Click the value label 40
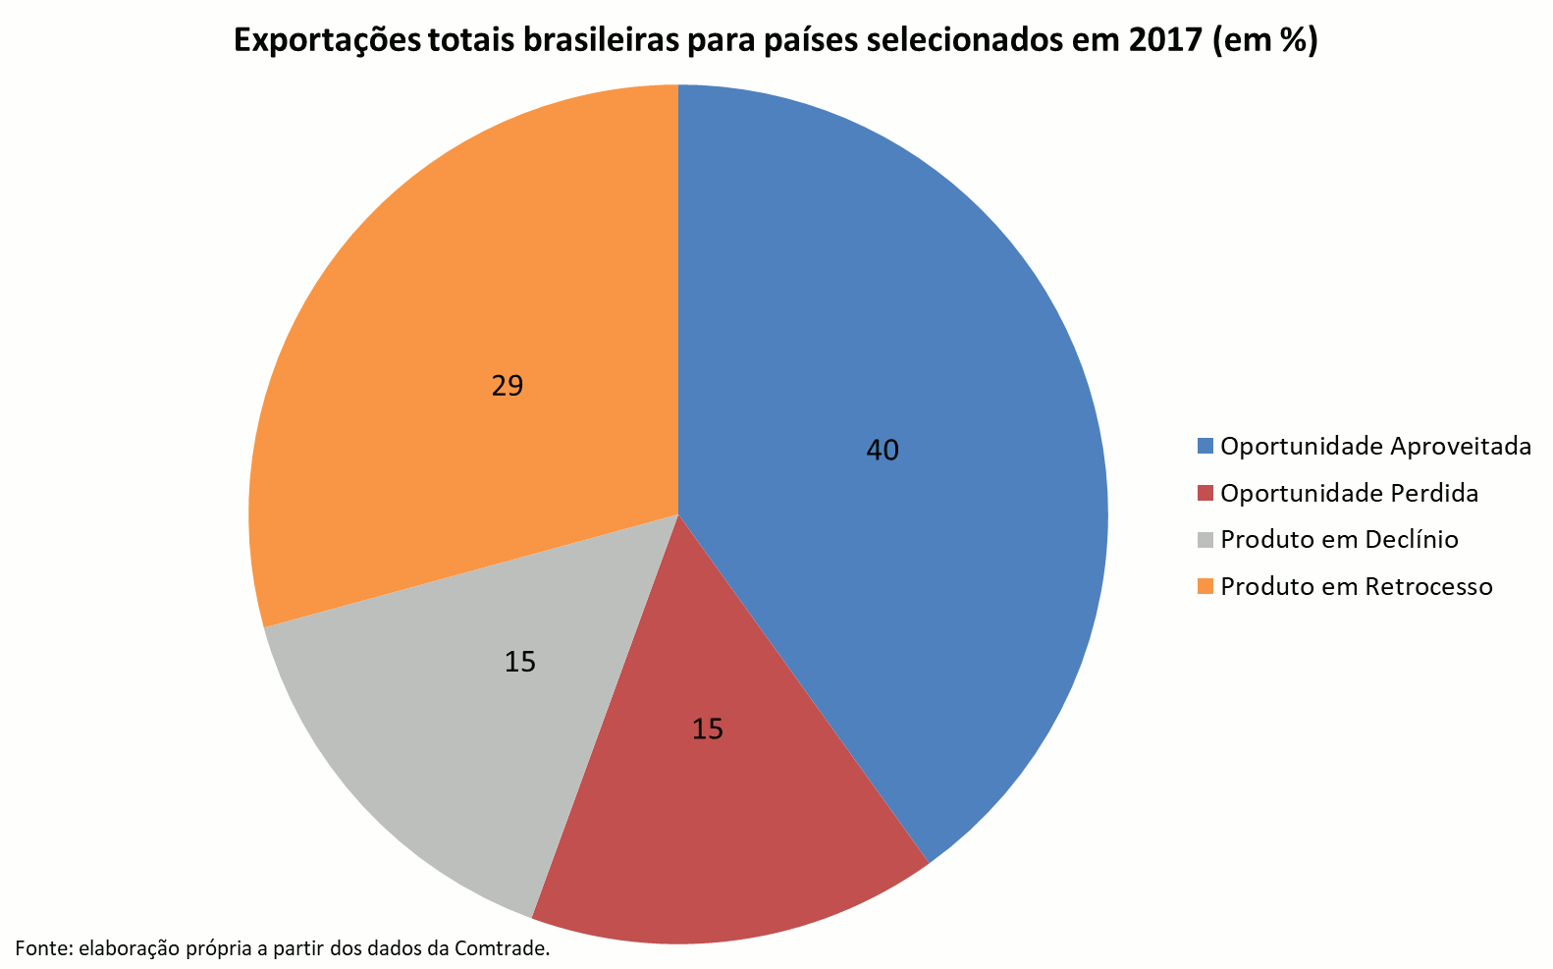[x=883, y=451]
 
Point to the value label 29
[x=508, y=386]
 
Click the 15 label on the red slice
[x=708, y=729]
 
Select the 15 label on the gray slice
[x=520, y=663]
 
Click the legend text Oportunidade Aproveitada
[x=1375, y=447]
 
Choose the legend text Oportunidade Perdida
[x=1349, y=493]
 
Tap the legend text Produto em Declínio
[x=1339, y=540]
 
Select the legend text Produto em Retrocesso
[x=1356, y=587]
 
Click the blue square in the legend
[x=1205, y=447]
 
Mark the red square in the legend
[x=1205, y=493]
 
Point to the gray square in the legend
[x=1205, y=540]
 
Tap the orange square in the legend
[x=1205, y=587]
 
